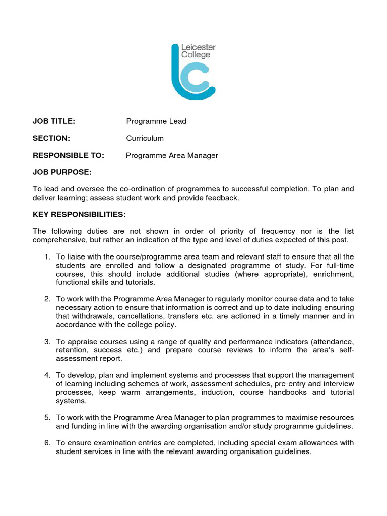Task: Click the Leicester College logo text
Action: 199,51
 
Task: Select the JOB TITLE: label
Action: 54,121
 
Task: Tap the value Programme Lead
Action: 156,121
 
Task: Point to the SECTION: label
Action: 51,138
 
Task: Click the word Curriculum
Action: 145,138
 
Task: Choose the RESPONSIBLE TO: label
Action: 69,155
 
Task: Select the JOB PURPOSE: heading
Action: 62,172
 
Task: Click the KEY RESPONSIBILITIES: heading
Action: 79,215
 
